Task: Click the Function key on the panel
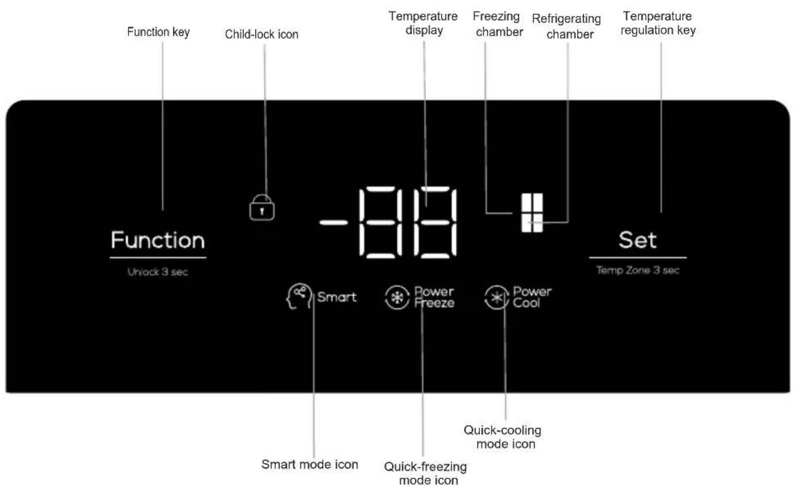[x=157, y=240]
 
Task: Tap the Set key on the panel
[x=637, y=240]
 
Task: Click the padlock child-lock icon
[x=262, y=208]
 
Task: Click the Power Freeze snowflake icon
[x=396, y=298]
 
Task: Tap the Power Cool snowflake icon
[x=497, y=298]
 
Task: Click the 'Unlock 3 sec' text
[x=157, y=272]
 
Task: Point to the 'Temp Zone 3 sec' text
[x=638, y=271]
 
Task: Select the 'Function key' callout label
[x=158, y=33]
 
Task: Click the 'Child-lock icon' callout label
[x=262, y=35]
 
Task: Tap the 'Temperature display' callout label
[x=423, y=23]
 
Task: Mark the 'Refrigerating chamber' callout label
[x=566, y=26]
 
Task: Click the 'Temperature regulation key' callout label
[x=658, y=23]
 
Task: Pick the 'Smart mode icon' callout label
[x=310, y=464]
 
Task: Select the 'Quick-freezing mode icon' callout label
[x=425, y=473]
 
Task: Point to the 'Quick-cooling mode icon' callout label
[x=502, y=436]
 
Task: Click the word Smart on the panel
[x=336, y=298]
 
